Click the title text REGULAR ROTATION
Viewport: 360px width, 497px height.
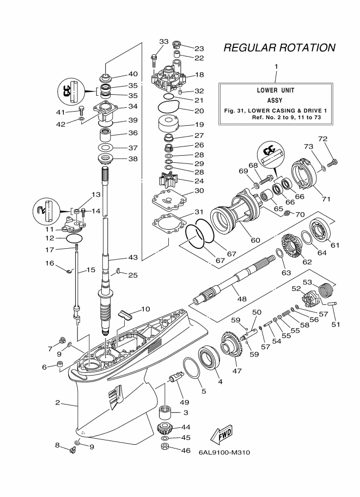[x=279, y=47]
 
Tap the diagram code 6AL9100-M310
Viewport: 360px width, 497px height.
[x=224, y=452]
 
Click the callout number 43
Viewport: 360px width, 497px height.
[x=132, y=257]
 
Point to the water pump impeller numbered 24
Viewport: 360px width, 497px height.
[x=168, y=180]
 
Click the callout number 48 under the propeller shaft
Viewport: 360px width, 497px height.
[x=242, y=298]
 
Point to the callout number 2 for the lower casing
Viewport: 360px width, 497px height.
[x=57, y=402]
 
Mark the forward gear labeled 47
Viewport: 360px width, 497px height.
[x=231, y=348]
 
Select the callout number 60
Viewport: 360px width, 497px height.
[x=255, y=240]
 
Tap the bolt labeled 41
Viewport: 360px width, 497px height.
[x=81, y=111]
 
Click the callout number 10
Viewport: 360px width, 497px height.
[x=145, y=309]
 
